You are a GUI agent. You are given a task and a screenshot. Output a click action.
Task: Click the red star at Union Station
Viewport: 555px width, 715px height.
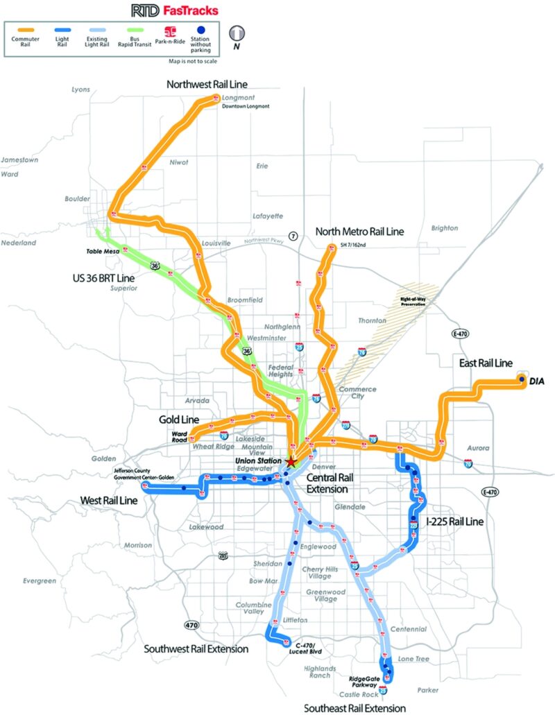click(291, 460)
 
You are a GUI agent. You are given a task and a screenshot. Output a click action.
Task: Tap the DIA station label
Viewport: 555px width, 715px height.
click(536, 381)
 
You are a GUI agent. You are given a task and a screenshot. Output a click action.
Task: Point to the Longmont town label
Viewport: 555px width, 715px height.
click(234, 98)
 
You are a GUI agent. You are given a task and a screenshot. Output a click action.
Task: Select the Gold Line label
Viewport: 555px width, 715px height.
click(180, 420)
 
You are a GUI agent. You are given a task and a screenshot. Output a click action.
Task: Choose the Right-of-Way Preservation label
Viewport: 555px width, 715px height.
click(412, 302)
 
